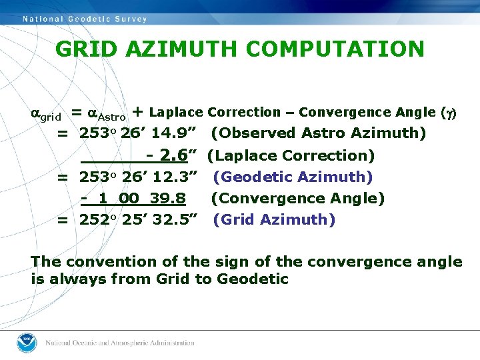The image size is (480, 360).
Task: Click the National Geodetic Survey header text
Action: pyautogui.click(x=85, y=19)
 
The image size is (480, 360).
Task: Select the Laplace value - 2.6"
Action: pyautogui.click(x=171, y=155)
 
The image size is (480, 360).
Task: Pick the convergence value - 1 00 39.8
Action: pyautogui.click(x=133, y=198)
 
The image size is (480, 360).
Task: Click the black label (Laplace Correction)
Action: pyautogui.click(x=291, y=155)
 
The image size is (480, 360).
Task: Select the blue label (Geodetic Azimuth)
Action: pyautogui.click(x=293, y=177)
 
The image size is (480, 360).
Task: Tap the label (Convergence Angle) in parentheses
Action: pyautogui.click(x=298, y=198)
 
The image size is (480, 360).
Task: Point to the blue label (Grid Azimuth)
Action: pyautogui.click(x=274, y=219)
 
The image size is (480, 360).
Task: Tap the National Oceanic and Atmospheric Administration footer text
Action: pyautogui.click(x=119, y=343)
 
